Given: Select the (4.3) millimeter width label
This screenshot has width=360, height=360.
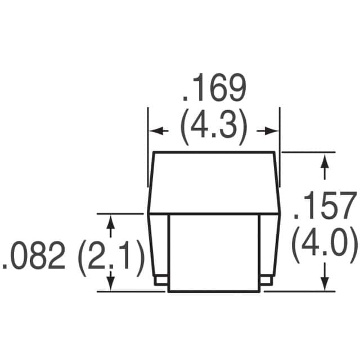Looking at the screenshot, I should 213,129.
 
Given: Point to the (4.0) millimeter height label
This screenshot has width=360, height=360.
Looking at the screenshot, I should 325,244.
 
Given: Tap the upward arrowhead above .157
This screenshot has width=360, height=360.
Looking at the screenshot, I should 325,161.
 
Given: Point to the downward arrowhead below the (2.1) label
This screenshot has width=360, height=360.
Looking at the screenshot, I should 111,283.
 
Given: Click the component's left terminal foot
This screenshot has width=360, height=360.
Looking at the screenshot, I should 159,280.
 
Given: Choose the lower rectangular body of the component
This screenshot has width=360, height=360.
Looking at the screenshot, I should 214,253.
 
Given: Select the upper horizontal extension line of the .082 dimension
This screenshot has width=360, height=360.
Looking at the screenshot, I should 121,214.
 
